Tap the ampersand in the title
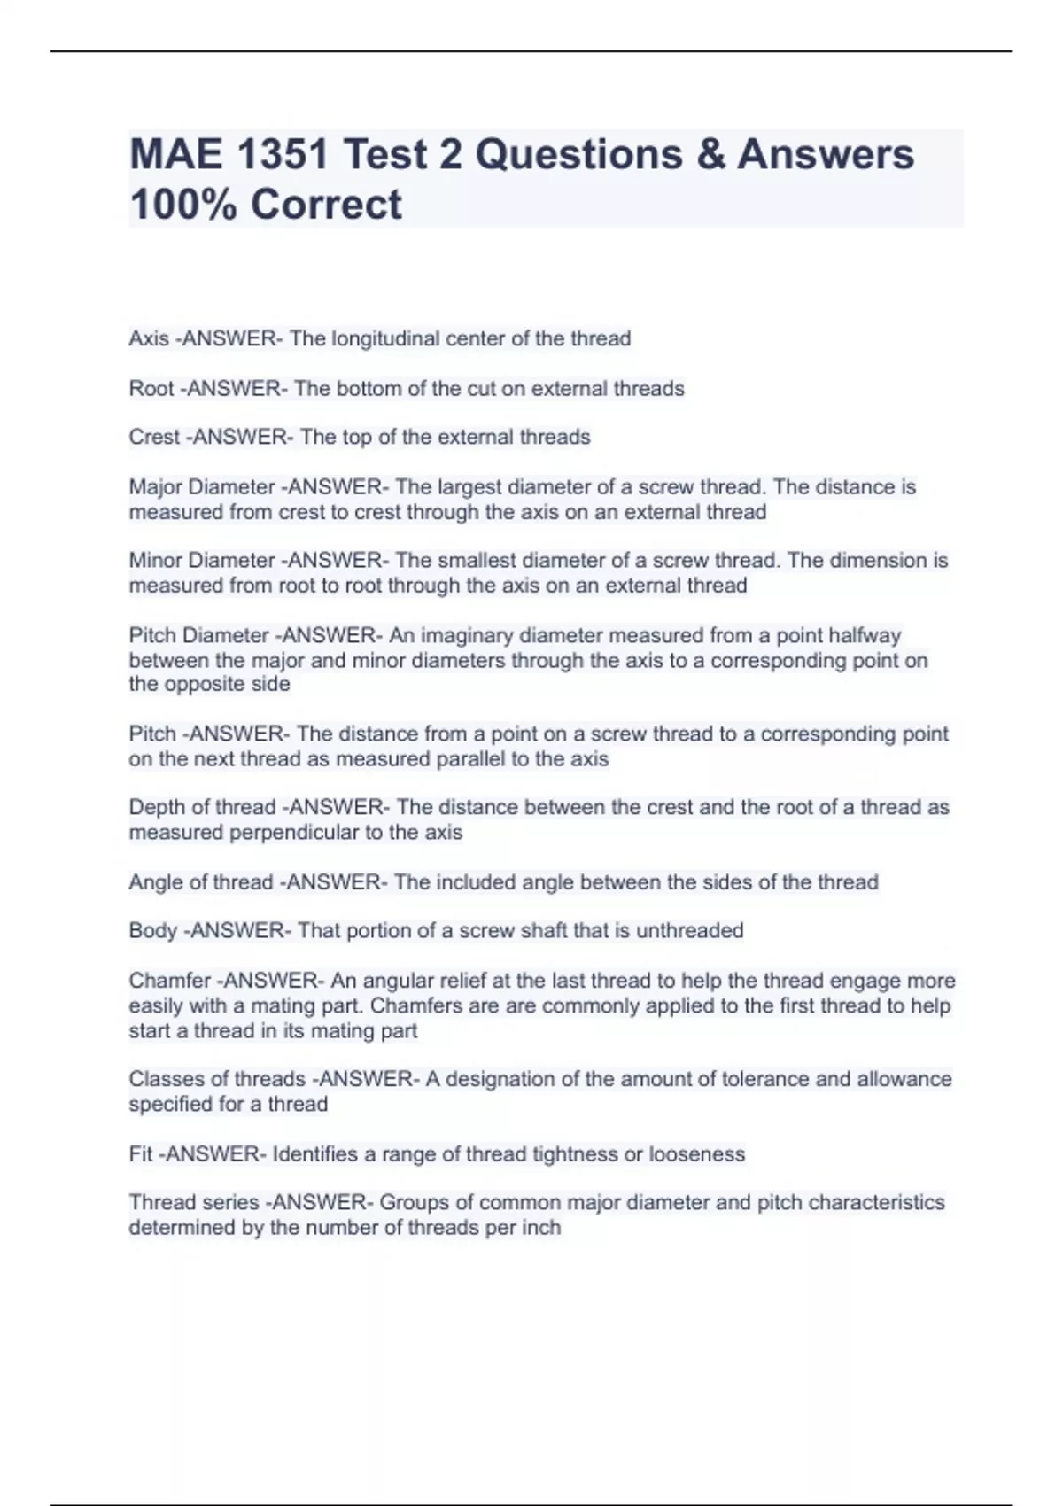coord(710,154)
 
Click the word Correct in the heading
coord(326,204)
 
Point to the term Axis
coord(148,338)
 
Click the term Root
coord(151,388)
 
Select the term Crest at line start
coord(154,437)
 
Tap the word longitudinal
coord(385,338)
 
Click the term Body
coord(152,930)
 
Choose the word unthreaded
coord(689,930)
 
